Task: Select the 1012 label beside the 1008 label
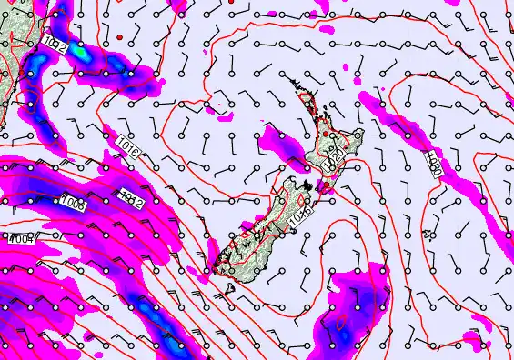click(130, 198)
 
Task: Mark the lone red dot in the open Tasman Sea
click(119, 36)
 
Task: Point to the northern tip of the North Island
click(294, 83)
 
